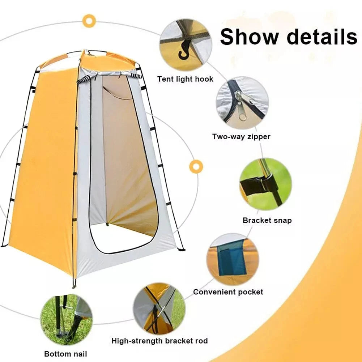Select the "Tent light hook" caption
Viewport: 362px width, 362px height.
185,79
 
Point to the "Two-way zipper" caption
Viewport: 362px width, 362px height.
241,137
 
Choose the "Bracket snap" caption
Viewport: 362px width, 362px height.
267,220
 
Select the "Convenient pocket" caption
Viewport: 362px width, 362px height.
228,291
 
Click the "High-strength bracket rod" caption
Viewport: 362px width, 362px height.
159,341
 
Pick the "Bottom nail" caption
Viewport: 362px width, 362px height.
65,354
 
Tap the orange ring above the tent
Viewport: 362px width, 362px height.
88,21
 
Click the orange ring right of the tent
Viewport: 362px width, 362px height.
196,166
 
